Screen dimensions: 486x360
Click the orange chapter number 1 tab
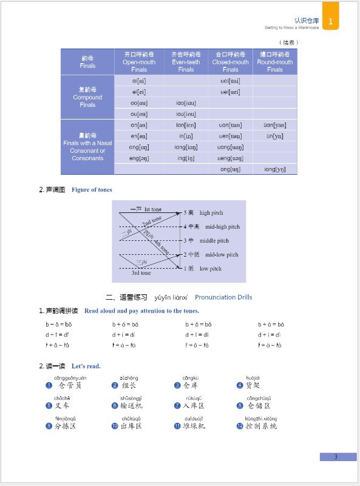tap(330, 20)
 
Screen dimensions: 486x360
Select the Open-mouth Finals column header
tap(139, 62)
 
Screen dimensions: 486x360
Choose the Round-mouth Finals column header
tap(274, 62)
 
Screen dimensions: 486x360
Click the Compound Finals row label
tap(87, 97)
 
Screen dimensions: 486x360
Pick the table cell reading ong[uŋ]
tap(230, 169)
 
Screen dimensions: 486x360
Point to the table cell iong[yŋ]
tap(274, 169)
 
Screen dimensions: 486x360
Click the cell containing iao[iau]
tap(186, 103)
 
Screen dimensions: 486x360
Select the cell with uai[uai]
tap(230, 81)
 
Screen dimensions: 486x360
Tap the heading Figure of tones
tap(92, 190)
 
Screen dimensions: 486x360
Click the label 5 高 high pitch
tap(204, 213)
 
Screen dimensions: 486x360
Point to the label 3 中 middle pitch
tap(206, 241)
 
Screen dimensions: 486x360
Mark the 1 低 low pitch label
tap(203, 269)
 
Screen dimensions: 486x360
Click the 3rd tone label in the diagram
tap(141, 273)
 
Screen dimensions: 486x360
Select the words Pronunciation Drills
tap(223, 297)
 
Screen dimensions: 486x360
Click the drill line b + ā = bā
tap(59, 325)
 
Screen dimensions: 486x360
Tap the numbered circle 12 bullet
tap(240, 427)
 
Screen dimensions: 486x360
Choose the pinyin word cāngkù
tap(191, 378)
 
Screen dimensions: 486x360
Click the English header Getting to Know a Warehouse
tap(291, 27)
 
